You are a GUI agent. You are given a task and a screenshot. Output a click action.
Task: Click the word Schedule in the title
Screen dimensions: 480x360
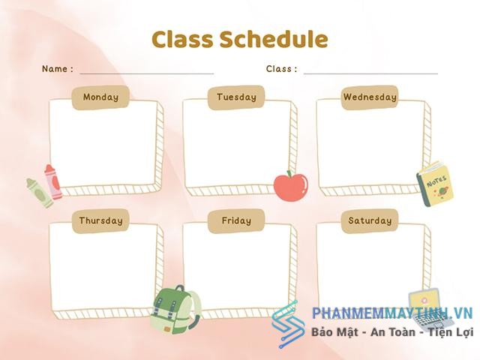[274, 39]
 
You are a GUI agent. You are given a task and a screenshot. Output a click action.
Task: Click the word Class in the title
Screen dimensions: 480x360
[182, 39]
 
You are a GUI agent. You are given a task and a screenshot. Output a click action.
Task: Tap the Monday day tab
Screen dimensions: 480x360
[100, 97]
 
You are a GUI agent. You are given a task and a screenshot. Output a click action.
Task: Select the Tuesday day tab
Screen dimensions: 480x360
[236, 97]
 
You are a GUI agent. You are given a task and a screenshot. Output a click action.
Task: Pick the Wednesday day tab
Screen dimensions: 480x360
[370, 97]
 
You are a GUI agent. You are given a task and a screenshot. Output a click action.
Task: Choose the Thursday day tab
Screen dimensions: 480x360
[100, 221]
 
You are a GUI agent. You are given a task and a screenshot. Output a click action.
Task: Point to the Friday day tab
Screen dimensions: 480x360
[236, 221]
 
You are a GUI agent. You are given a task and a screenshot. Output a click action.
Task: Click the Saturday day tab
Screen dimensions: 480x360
[370, 221]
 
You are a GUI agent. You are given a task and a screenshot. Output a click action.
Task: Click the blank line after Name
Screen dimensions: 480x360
[147, 73]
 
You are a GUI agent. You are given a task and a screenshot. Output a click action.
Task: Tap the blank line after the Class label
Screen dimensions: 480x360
[370, 73]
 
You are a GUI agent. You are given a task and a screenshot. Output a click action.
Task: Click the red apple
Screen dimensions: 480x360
[291, 187]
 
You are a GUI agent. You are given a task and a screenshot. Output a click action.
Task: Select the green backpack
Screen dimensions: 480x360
[175, 310]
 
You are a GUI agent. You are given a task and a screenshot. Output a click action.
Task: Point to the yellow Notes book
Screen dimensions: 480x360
[435, 184]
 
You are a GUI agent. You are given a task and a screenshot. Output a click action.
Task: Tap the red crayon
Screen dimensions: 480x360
[53, 181]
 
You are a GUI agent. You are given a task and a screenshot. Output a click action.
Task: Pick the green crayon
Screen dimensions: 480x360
[40, 193]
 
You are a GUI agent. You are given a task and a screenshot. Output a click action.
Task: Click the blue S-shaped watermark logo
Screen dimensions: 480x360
[288, 325]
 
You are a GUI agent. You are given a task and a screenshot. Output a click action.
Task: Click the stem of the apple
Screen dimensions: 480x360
[288, 174]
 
